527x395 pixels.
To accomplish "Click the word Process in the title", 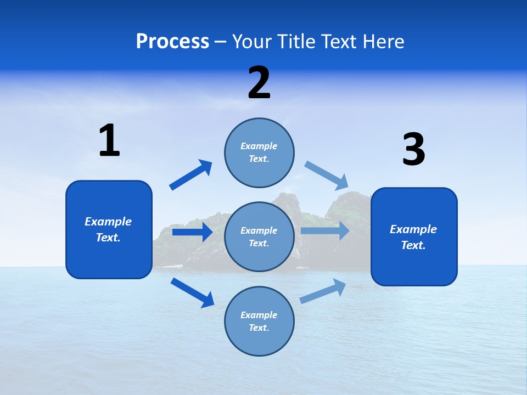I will pyautogui.click(x=172, y=42).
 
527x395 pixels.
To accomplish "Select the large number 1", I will pyautogui.click(x=109, y=140).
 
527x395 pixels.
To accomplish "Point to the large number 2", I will pyautogui.click(x=259, y=83).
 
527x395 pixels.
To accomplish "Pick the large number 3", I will pyautogui.click(x=413, y=150).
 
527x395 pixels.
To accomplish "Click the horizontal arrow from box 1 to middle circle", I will pyautogui.click(x=192, y=232).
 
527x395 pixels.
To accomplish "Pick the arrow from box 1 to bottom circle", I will pyautogui.click(x=192, y=292).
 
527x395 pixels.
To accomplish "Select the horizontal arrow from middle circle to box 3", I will pyautogui.click(x=325, y=230).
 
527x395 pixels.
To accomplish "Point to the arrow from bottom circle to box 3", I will pyautogui.click(x=323, y=291).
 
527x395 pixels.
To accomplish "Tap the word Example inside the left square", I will pyautogui.click(x=108, y=222).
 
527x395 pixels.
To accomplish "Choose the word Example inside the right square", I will pyautogui.click(x=413, y=229).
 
